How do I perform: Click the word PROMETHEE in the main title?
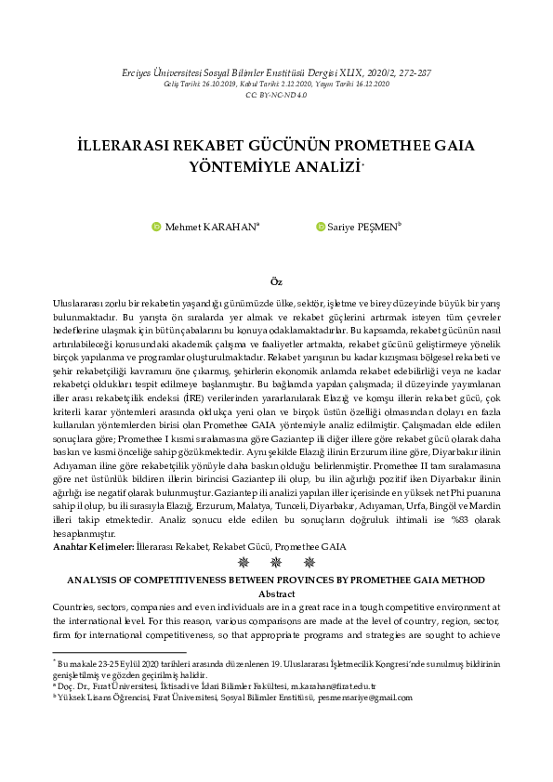[x=380, y=148]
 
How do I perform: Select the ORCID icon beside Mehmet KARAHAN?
[x=156, y=226]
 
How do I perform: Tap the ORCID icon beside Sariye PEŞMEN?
[x=321, y=226]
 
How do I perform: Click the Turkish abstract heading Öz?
[x=276, y=281]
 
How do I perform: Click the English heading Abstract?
[x=276, y=593]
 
